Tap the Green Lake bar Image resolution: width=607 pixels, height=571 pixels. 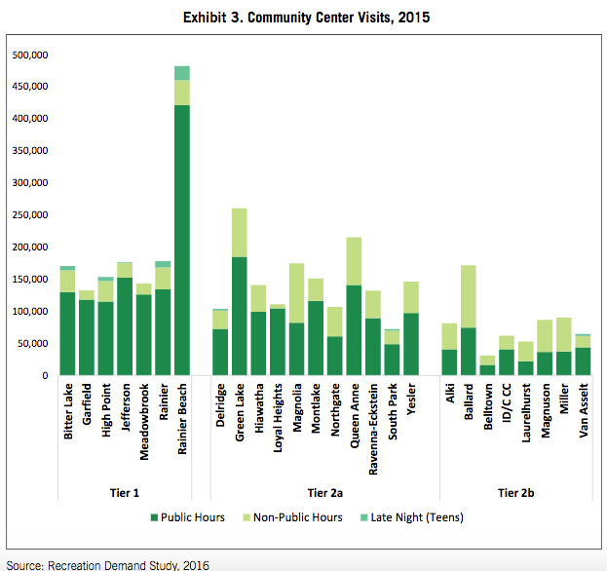[239, 292]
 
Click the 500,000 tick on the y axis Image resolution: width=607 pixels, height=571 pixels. [30, 55]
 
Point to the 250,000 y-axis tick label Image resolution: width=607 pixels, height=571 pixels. [30, 215]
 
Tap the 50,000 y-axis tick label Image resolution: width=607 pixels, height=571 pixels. [32, 344]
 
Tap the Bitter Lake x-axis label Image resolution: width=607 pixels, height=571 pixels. [68, 411]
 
